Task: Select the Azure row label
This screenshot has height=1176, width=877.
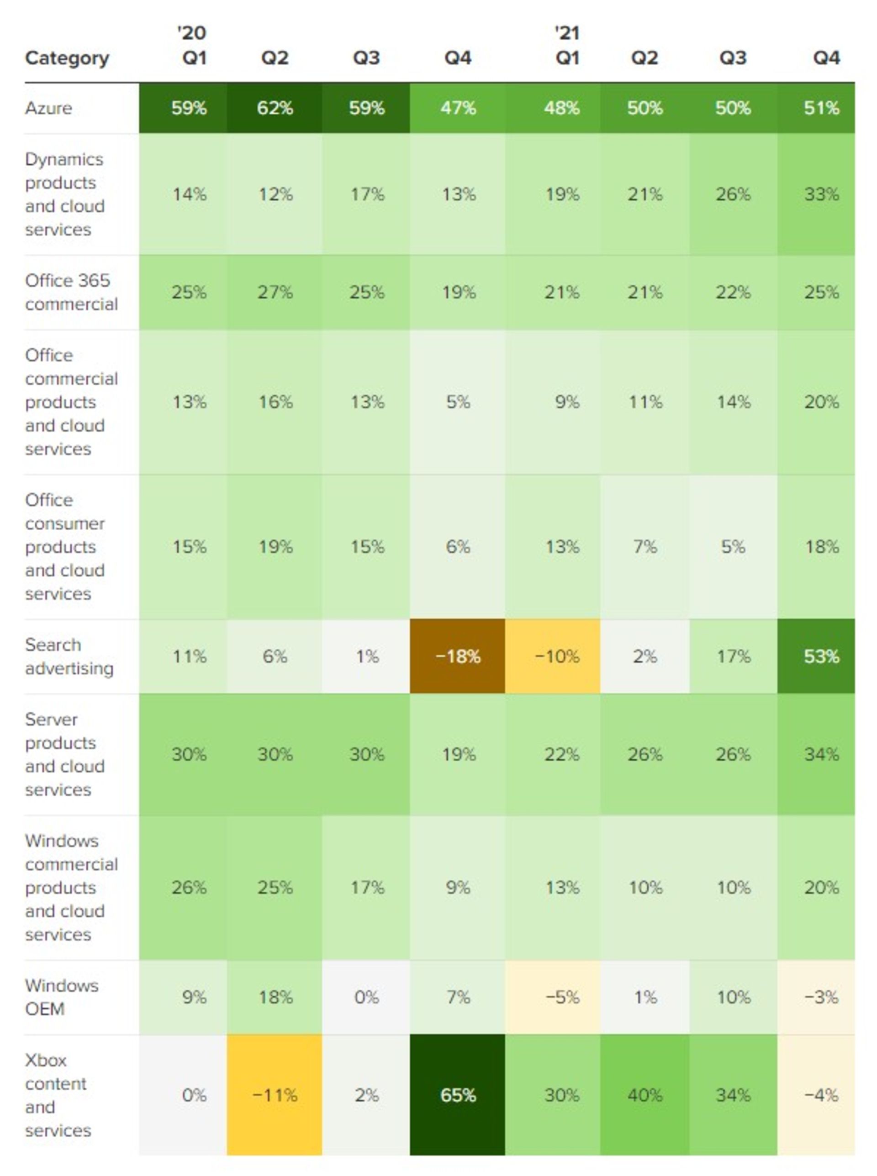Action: [48, 108]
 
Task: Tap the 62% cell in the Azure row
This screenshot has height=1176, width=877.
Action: [275, 108]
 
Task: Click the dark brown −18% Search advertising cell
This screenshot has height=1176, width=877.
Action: [457, 656]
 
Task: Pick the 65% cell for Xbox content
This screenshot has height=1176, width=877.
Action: [457, 1095]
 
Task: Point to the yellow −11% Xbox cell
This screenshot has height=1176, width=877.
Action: [275, 1095]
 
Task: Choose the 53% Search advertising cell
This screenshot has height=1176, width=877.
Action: [821, 656]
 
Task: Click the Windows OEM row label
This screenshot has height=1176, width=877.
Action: [62, 997]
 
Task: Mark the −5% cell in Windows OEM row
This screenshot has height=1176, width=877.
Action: [562, 997]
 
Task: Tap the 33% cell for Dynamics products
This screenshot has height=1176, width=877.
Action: [821, 194]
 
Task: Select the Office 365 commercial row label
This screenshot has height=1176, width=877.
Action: [71, 292]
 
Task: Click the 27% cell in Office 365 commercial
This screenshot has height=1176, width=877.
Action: [275, 292]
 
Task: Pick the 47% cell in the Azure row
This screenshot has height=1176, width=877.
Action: [457, 108]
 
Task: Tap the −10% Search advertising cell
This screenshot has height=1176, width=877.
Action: [556, 656]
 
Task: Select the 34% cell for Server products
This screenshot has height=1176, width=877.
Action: [821, 754]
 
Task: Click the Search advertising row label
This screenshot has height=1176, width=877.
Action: [69, 656]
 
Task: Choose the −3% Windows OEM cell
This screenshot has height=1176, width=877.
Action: [821, 997]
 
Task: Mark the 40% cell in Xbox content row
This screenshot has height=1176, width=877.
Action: [645, 1095]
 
